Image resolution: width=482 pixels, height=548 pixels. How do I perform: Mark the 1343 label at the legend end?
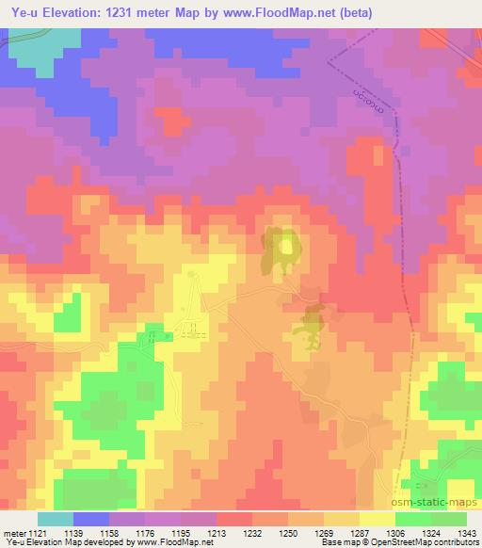tap(467, 532)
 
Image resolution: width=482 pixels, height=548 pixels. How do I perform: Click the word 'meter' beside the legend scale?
tap(13, 532)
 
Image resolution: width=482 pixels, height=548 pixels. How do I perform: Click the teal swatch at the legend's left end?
tap(56, 519)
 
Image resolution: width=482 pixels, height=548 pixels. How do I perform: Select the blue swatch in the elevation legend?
tap(91, 519)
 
